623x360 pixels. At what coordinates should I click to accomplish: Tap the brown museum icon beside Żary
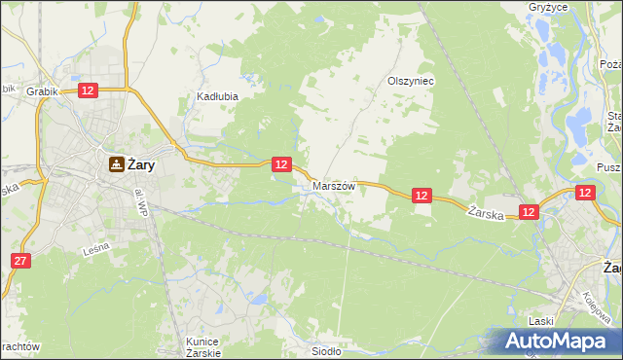coord(116,164)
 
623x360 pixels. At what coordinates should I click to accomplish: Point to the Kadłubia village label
coord(217,97)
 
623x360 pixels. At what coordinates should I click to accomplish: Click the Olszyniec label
coord(410,82)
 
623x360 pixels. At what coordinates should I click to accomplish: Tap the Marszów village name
coord(334,185)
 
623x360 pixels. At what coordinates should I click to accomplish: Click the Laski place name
coord(540,320)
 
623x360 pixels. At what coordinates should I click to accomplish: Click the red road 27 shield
coord(21,261)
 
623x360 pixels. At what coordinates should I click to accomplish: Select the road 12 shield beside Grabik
coord(87,90)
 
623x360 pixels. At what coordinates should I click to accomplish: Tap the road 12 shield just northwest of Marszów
coord(280,164)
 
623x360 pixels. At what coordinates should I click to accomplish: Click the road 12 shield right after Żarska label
coord(529,211)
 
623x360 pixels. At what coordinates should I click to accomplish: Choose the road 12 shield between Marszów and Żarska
coord(421,196)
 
